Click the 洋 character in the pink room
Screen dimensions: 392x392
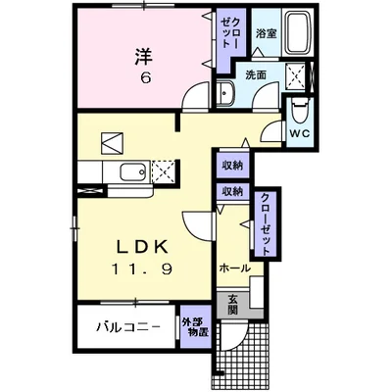point(144,56)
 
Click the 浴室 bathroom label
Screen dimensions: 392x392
point(264,33)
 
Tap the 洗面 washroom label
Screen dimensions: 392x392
point(256,74)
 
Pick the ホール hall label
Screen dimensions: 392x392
point(234,267)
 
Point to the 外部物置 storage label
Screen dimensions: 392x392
point(194,328)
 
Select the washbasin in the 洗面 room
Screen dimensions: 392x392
point(224,94)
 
